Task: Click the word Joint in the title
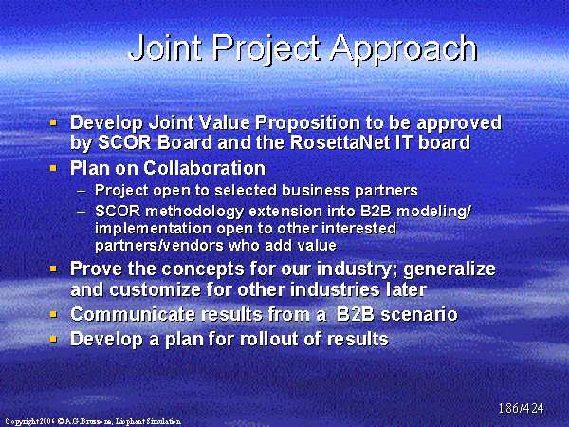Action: (x=165, y=47)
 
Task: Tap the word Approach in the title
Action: (x=404, y=50)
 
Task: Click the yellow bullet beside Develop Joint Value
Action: (x=53, y=122)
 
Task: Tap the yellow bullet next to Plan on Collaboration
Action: (x=53, y=168)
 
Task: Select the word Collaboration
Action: (x=204, y=168)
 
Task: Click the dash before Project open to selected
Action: (x=82, y=191)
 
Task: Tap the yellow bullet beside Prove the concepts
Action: (x=53, y=269)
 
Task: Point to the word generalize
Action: (x=450, y=269)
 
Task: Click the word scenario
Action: (x=419, y=314)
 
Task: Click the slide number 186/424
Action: (x=521, y=408)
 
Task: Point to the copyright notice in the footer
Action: (x=93, y=421)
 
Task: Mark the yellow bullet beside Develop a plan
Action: (x=53, y=339)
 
